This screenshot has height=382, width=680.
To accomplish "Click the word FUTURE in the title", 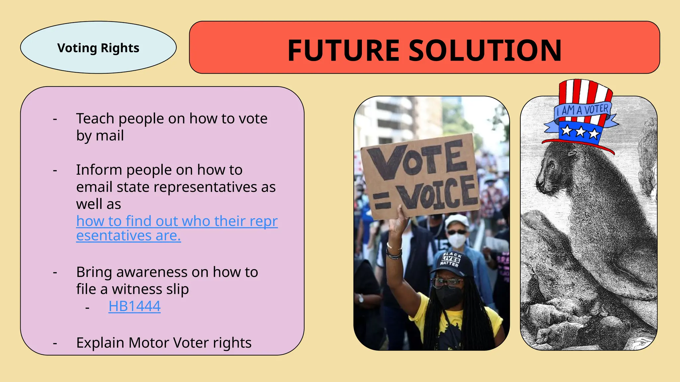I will click(x=343, y=50).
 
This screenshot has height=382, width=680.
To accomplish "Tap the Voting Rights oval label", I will click(x=98, y=48).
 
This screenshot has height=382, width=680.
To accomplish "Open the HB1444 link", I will click(x=134, y=306).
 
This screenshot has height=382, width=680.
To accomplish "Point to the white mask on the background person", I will click(x=457, y=240).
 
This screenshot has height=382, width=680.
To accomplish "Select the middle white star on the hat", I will click(x=580, y=132).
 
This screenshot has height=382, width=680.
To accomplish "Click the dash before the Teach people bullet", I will click(x=55, y=119).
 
